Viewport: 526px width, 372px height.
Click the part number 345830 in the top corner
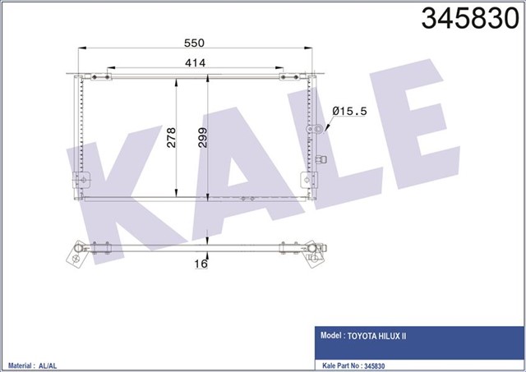[x=471, y=18]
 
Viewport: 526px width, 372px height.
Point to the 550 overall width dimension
[x=194, y=43]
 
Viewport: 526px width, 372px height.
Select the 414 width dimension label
[x=194, y=62]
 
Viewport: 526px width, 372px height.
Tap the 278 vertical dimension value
[x=172, y=136]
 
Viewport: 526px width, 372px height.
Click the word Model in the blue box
[x=330, y=336]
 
